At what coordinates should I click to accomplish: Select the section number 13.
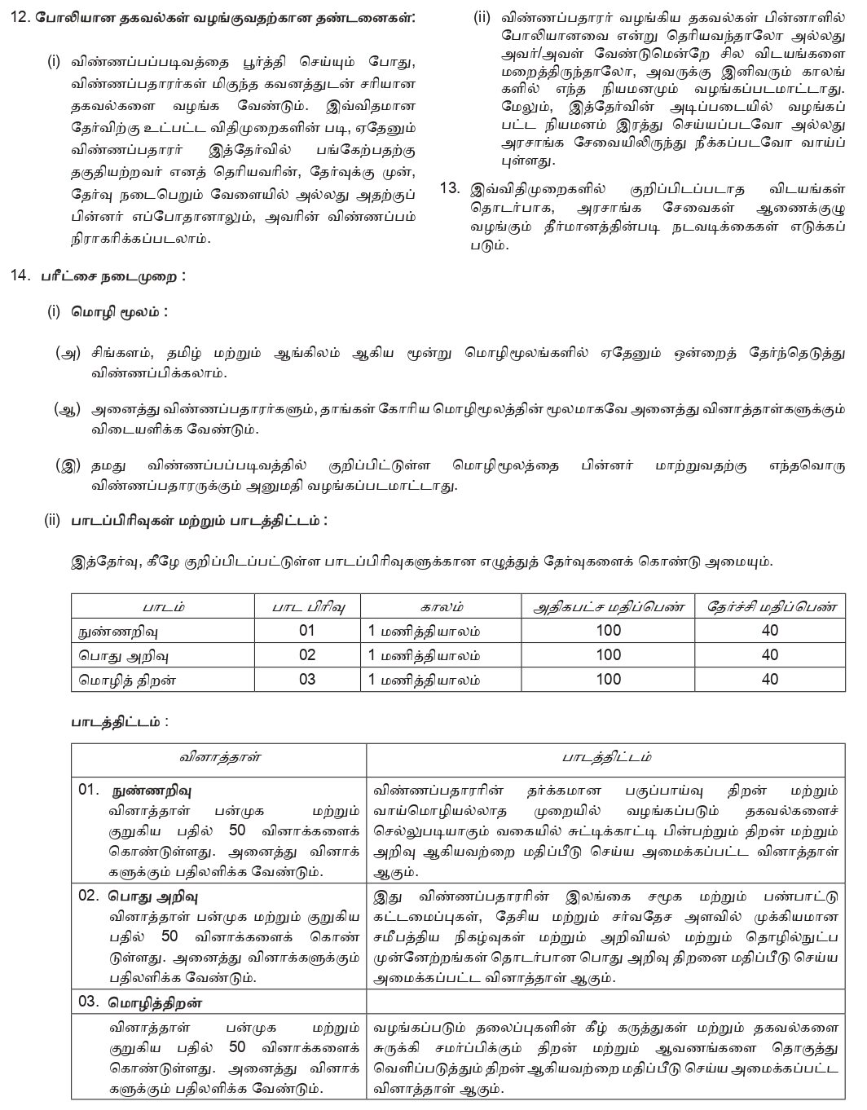tap(450, 188)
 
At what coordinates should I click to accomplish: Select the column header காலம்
tap(441, 606)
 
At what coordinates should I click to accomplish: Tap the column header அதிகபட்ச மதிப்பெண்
tap(608, 606)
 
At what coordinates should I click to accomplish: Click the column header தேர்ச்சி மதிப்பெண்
tap(769, 606)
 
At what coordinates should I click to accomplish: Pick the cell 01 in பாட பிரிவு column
tap(306, 630)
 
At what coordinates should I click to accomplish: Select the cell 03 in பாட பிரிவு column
tap(306, 679)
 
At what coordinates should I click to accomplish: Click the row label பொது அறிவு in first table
tap(112, 654)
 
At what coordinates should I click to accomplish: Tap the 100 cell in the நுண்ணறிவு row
tap(608, 630)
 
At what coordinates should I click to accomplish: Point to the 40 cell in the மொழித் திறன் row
tap(769, 679)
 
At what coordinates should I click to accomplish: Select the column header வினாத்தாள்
tap(219, 756)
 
